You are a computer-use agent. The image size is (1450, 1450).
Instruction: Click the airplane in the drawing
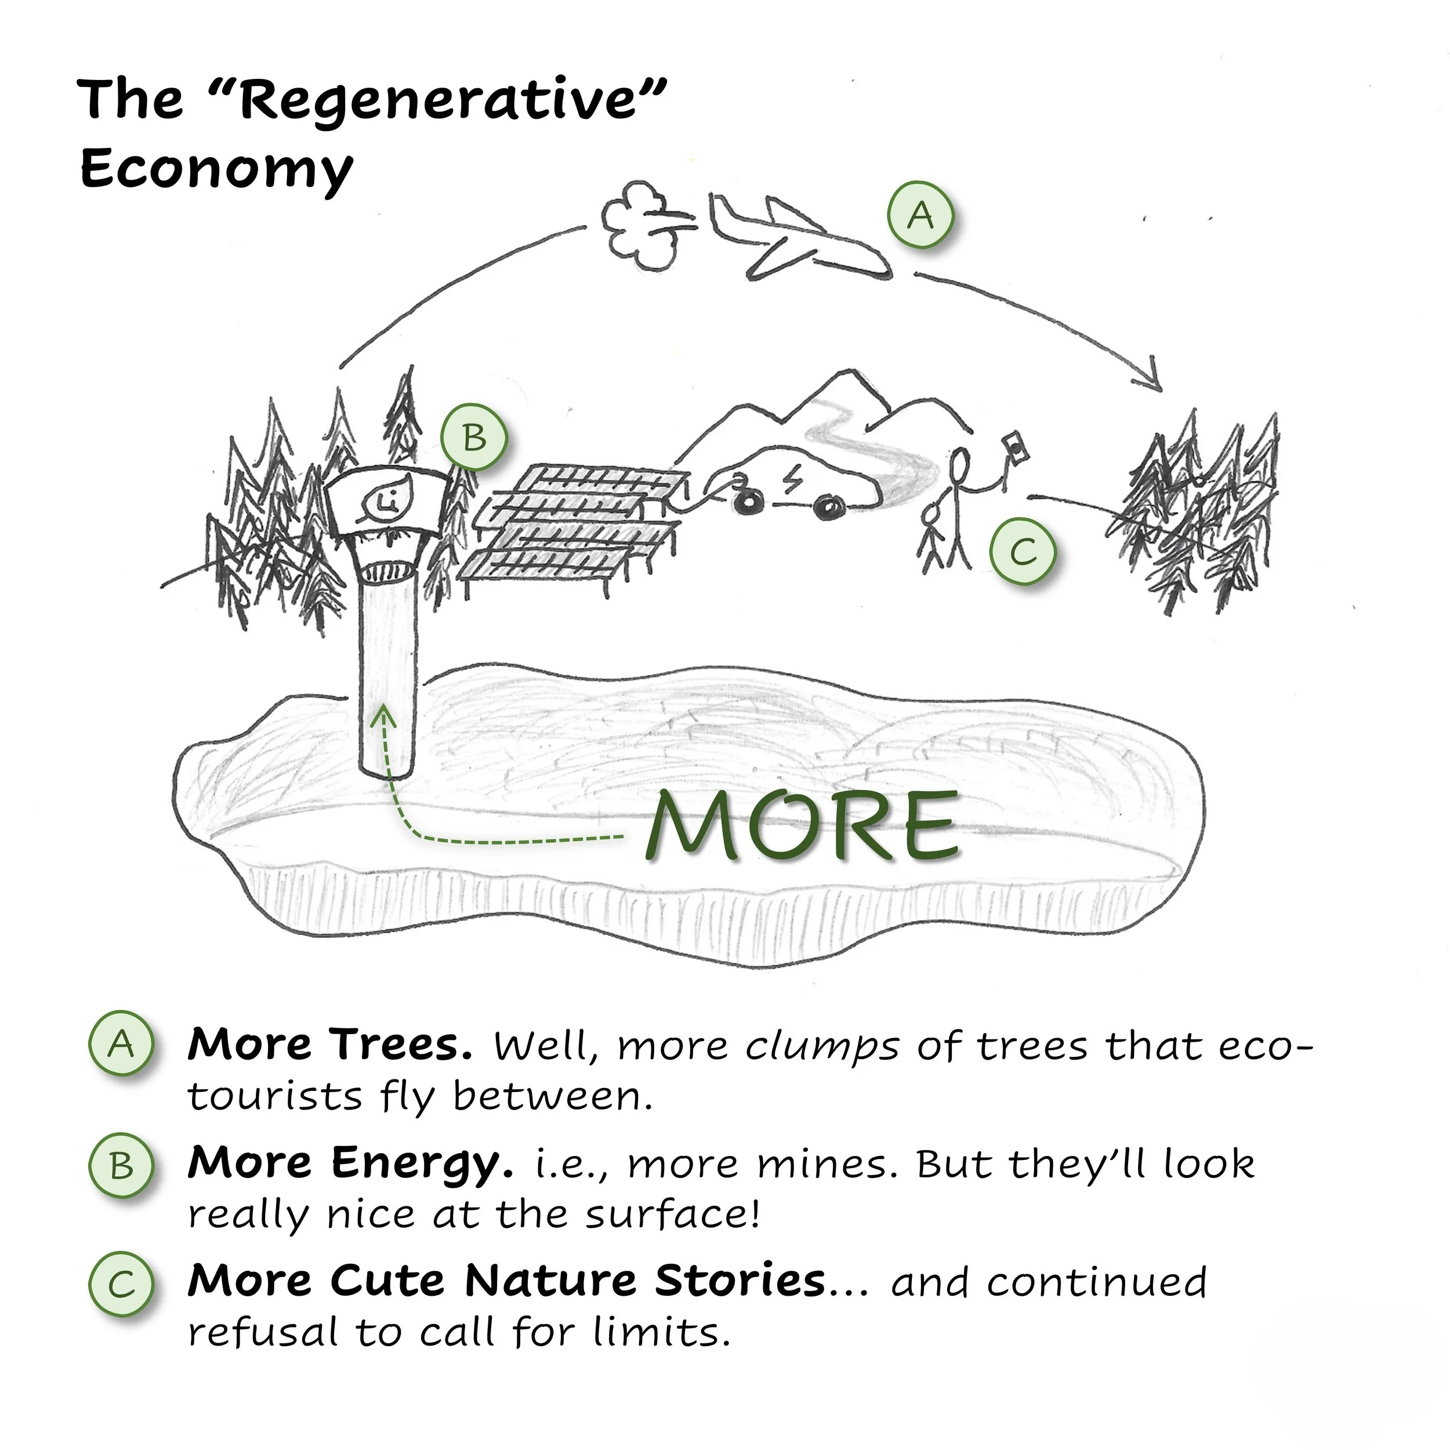click(x=796, y=237)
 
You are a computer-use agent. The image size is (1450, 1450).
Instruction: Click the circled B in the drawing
click(x=474, y=437)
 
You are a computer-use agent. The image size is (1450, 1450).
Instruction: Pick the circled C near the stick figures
click(x=1022, y=552)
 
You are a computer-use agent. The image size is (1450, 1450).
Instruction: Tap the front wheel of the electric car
click(x=829, y=508)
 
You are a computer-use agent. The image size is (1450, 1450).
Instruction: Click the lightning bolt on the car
click(x=792, y=480)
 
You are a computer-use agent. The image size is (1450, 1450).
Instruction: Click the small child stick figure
click(x=933, y=541)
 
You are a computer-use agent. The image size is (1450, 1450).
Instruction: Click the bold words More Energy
click(x=350, y=1163)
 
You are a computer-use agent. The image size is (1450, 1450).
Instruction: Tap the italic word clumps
click(x=822, y=1046)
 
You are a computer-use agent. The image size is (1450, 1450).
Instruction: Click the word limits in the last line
click(x=661, y=1332)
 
